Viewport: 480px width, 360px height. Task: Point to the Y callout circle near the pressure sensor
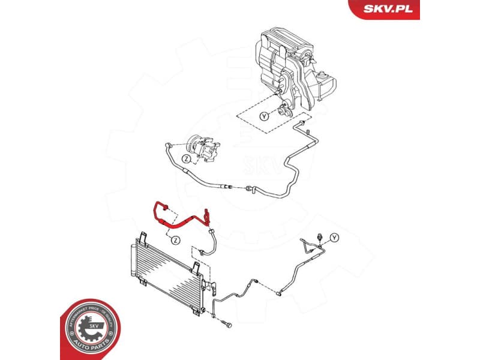click(x=334, y=238)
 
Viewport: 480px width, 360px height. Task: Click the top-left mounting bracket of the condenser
click(x=143, y=236)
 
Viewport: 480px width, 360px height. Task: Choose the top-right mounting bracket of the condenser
click(x=195, y=268)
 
